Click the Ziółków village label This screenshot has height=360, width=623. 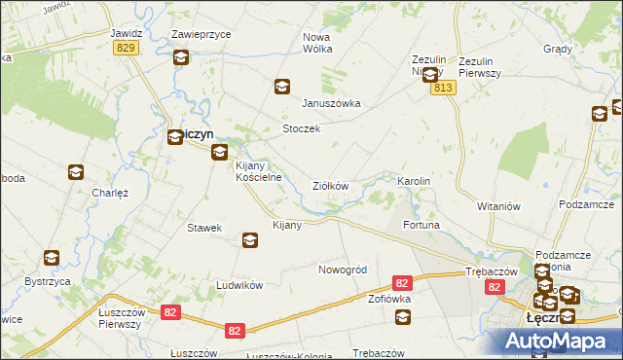pyautogui.click(x=330, y=186)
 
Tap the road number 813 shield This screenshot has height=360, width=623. pyautogui.click(x=444, y=88)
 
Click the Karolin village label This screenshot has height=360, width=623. pyautogui.click(x=414, y=182)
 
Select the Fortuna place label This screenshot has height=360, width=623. pyautogui.click(x=421, y=225)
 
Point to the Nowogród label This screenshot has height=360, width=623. pyautogui.click(x=342, y=269)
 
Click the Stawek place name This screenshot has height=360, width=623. pyautogui.click(x=205, y=228)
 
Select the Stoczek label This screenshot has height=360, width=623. pyautogui.click(x=301, y=128)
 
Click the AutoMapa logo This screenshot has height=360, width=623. pyautogui.click(x=560, y=341)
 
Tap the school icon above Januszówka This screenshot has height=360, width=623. pyautogui.click(x=281, y=87)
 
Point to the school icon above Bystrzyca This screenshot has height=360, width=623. pyautogui.click(x=51, y=258)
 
